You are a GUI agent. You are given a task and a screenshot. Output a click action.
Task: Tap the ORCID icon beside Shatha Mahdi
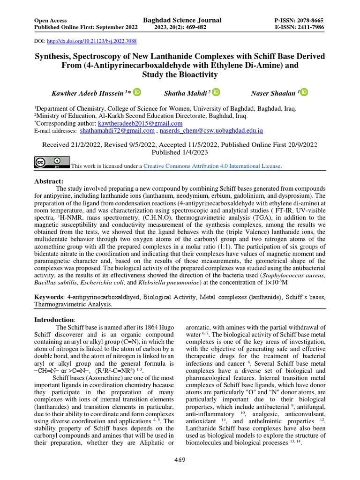pos(216,92)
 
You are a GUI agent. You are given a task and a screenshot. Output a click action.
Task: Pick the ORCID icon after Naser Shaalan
pos(304,92)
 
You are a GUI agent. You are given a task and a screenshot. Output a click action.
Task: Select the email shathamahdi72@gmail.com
pos(117,131)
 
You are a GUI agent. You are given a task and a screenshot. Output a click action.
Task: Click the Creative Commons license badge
pos(52,162)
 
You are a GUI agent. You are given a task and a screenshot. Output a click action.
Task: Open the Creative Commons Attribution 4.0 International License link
pos(212,166)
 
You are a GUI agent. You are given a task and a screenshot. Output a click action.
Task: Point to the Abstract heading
pos(49,181)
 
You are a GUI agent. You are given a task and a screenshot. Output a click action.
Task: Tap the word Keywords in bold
pos(49,297)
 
